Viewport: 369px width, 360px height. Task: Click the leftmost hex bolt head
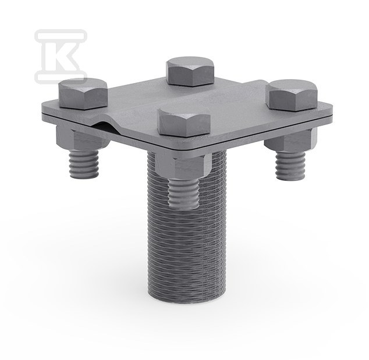pyautogui.click(x=83, y=94)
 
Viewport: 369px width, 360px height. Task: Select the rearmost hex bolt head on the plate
pyautogui.click(x=190, y=72)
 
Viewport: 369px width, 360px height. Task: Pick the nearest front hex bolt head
pyautogui.click(x=185, y=122)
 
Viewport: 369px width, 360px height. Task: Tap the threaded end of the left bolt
pyautogui.click(x=84, y=164)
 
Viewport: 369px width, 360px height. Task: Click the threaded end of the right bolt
pyautogui.click(x=290, y=166)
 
